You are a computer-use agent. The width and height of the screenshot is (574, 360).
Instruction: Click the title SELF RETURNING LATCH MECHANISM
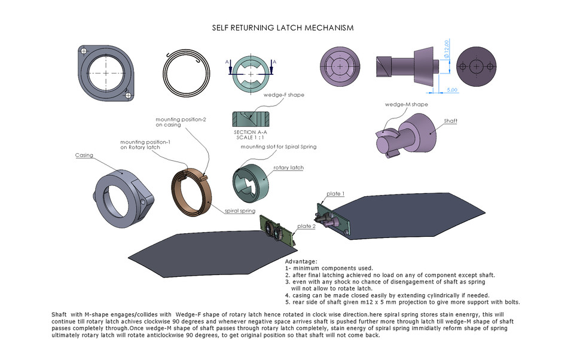pyautogui.click(x=283, y=28)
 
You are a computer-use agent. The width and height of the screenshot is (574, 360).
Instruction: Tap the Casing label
pyautogui.click(x=84, y=155)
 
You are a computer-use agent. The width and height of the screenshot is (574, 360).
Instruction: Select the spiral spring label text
pyautogui.click(x=240, y=211)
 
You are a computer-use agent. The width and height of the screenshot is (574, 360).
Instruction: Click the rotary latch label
pyautogui.click(x=288, y=168)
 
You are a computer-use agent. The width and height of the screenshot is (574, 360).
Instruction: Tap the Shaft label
pyautogui.click(x=451, y=121)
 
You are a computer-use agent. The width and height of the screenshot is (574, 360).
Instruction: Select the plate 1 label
pyautogui.click(x=335, y=194)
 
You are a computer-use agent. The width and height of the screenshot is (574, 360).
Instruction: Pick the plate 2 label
pyautogui.click(x=306, y=226)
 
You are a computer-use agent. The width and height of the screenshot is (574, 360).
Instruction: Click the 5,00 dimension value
pyautogui.click(x=451, y=90)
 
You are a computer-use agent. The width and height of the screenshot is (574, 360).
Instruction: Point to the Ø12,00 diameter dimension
pyautogui.click(x=447, y=50)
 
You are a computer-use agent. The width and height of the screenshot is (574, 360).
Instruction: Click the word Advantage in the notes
pyautogui.click(x=301, y=261)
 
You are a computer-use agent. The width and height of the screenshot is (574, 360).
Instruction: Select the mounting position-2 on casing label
pyautogui.click(x=181, y=122)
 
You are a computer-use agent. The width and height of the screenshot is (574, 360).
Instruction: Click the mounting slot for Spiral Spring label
pyautogui.click(x=278, y=147)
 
